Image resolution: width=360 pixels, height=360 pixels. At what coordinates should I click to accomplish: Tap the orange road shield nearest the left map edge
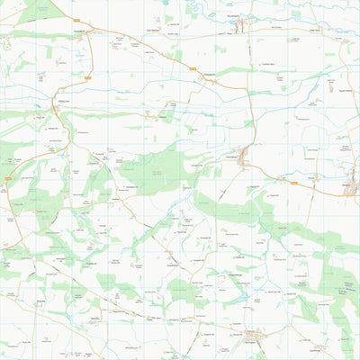pos(7,179)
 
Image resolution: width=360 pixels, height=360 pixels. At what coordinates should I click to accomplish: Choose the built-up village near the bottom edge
pos(254,337)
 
